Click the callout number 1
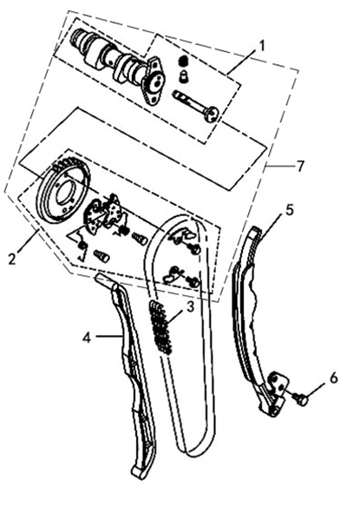click(x=260, y=46)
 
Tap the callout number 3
click(x=190, y=307)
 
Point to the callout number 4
click(x=87, y=338)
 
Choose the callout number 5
click(x=290, y=210)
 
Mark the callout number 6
click(x=334, y=378)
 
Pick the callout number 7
click(x=300, y=167)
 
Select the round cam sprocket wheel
click(x=63, y=193)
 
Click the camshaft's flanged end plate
click(x=154, y=80)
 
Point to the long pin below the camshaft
click(x=196, y=104)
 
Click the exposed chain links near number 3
click(x=160, y=327)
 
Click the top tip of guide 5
click(x=256, y=230)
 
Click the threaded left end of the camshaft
click(x=79, y=35)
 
